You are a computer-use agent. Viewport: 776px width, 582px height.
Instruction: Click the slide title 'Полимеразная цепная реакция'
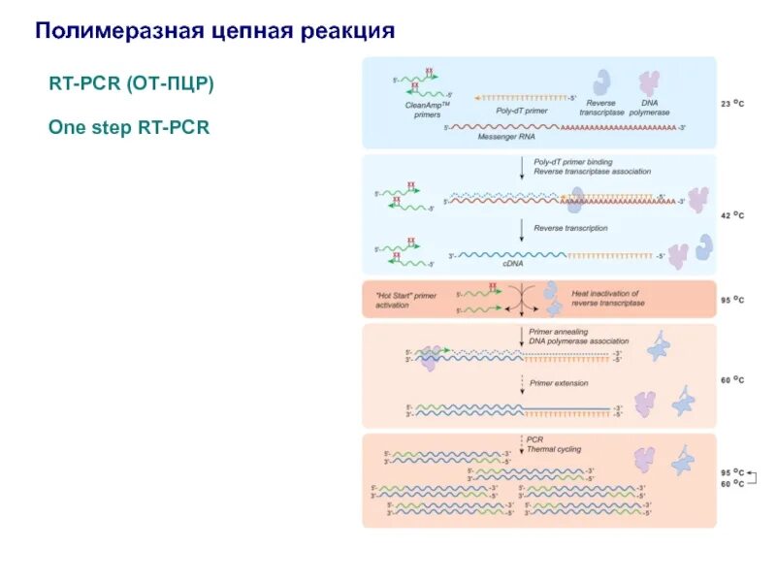pos(214,31)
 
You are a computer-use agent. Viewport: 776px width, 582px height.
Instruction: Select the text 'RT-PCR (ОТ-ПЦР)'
pos(131,84)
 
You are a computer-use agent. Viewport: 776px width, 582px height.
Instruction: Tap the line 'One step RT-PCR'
pos(129,127)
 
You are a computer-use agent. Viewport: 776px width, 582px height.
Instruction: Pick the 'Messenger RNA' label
pos(506,138)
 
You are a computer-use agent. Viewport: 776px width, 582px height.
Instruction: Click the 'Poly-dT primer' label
pos(522,111)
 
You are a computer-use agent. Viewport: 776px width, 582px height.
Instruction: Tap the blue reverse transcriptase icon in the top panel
pos(602,81)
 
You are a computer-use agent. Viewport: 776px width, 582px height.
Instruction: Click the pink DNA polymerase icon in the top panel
pos(647,81)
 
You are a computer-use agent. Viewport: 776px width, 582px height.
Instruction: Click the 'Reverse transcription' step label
pos(570,228)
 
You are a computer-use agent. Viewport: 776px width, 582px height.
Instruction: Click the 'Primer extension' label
pos(559,383)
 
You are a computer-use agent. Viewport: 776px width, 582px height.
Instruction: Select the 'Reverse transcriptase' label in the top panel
pos(602,107)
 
